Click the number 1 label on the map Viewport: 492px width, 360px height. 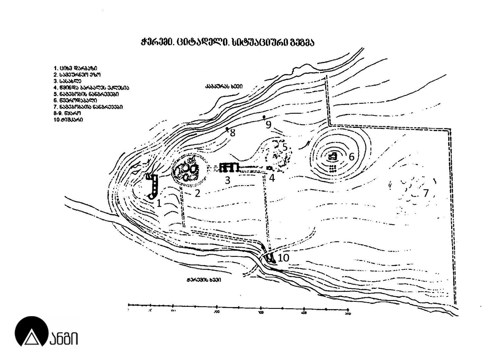coord(159,203)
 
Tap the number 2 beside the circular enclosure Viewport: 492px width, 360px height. coord(197,193)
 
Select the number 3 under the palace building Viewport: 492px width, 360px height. coord(227,180)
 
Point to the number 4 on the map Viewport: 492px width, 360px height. coord(272,178)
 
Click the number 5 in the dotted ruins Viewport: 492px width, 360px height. coord(285,147)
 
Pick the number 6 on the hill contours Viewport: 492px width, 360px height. coord(351,157)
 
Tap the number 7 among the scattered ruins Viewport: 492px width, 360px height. coord(426,193)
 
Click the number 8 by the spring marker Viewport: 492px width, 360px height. coord(233,133)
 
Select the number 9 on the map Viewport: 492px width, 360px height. coord(269,125)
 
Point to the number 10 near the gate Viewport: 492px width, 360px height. coord(283,258)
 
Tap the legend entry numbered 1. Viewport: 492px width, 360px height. coord(75,68)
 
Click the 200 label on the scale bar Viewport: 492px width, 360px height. coord(217,312)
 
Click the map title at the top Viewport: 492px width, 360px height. coord(227,42)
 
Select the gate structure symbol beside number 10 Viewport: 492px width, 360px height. coord(269,258)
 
